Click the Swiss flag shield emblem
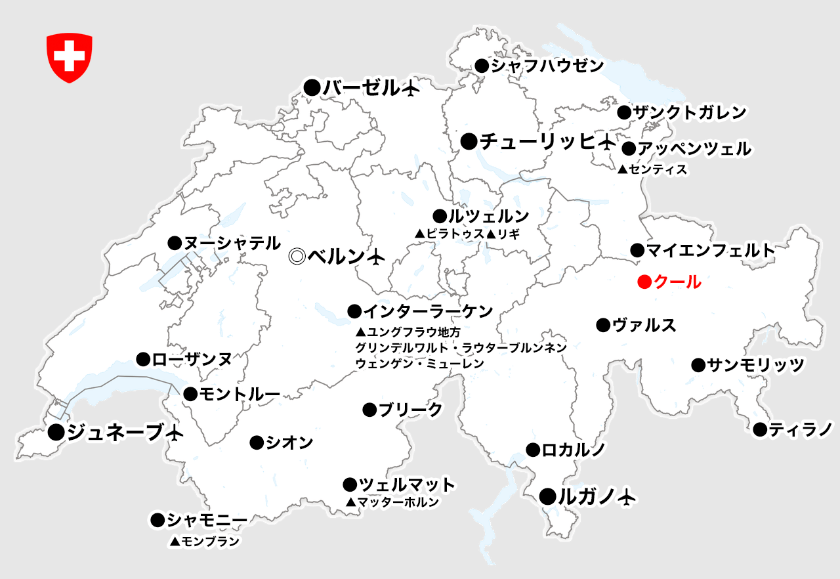click(x=69, y=58)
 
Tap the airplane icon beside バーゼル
click(x=410, y=88)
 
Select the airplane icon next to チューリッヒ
click(x=607, y=141)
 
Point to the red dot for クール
click(x=644, y=283)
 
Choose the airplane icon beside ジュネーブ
click(x=174, y=433)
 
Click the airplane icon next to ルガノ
click(x=627, y=497)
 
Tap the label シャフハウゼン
click(x=547, y=66)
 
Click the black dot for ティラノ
click(x=760, y=430)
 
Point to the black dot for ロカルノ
click(x=533, y=450)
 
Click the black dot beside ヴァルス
click(x=603, y=325)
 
